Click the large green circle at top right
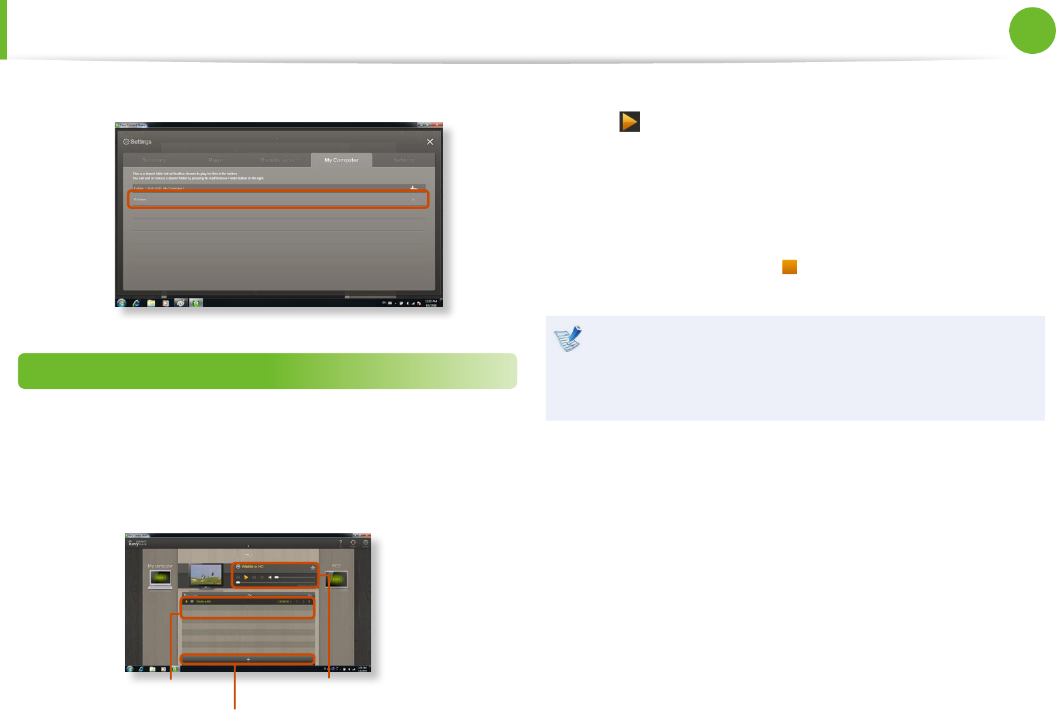[x=1032, y=30]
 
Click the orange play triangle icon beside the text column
[x=630, y=122]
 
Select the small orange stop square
[x=789, y=267]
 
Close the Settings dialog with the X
[x=430, y=142]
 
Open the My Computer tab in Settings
[x=341, y=160]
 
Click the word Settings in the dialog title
[x=141, y=142]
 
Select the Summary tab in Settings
[x=154, y=160]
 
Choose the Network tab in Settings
[x=404, y=160]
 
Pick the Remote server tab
[x=279, y=160]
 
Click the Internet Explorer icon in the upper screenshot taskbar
[x=136, y=303]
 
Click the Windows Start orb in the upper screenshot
[x=122, y=303]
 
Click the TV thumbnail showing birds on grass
[x=207, y=574]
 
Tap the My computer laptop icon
[x=160, y=578]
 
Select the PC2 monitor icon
[x=337, y=579]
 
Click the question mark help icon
[x=341, y=543]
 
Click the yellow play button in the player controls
[x=246, y=578]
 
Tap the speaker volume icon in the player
[x=270, y=578]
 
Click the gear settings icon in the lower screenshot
[x=366, y=543]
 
